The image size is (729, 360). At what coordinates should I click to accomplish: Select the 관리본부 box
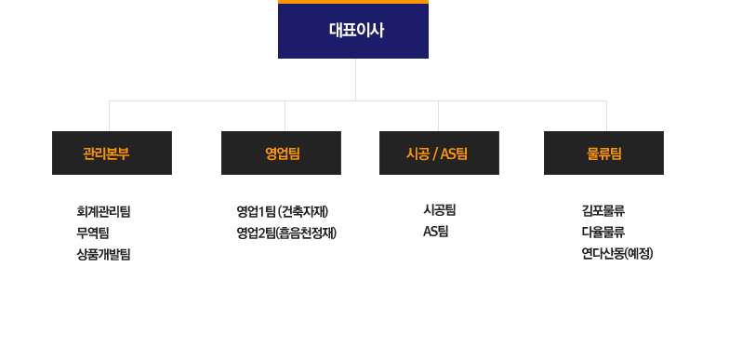point(112,153)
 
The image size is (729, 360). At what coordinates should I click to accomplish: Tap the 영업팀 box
point(281,153)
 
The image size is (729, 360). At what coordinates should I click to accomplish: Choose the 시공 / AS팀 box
point(439,153)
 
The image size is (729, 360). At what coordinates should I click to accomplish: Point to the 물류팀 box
point(603,153)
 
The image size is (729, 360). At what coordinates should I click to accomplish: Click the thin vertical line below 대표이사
point(355,79)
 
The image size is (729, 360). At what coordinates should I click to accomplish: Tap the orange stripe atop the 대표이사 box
point(353,2)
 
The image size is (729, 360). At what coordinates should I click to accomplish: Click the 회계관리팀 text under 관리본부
point(103,211)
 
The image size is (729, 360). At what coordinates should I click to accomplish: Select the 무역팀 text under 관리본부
point(92,232)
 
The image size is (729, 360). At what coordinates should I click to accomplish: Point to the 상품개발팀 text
point(103,253)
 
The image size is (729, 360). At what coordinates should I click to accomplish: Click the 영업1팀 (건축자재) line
point(283,211)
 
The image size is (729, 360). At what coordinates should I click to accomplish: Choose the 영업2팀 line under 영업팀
point(285,232)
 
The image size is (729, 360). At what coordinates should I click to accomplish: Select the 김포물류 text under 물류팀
point(603,211)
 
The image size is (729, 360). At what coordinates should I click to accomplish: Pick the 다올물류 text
point(603,232)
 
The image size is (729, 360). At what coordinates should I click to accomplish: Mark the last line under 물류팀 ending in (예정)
point(616,253)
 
